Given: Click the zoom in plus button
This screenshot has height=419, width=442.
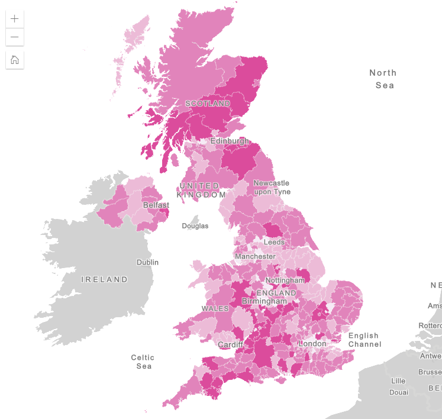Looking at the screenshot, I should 15,18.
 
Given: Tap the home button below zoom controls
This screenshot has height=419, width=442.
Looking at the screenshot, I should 15,60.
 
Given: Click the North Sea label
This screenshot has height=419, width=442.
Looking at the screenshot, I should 383,79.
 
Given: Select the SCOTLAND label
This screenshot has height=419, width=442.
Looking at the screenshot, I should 208,104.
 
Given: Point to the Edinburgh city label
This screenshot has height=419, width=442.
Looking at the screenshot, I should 230,141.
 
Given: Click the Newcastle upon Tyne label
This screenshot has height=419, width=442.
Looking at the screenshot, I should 272,187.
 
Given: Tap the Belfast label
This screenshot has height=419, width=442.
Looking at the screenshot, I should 156,205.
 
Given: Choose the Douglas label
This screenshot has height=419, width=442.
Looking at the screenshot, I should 195,226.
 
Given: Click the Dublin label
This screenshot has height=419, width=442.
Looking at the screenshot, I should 147,262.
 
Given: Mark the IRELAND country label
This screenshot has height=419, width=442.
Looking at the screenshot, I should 105,279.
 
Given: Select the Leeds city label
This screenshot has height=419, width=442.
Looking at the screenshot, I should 274,242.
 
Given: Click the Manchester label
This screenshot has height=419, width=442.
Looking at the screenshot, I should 255,256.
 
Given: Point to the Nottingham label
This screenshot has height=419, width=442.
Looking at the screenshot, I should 285,280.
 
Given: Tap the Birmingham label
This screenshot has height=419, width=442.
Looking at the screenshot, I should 264,301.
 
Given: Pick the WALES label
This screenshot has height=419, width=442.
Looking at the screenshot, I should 215,309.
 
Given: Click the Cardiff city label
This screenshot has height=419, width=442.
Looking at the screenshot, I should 231,345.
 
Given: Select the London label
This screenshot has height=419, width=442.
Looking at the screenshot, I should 312,344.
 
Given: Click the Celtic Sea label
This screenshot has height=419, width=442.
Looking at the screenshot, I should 143,362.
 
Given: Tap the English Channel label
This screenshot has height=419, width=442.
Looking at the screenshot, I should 363,340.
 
